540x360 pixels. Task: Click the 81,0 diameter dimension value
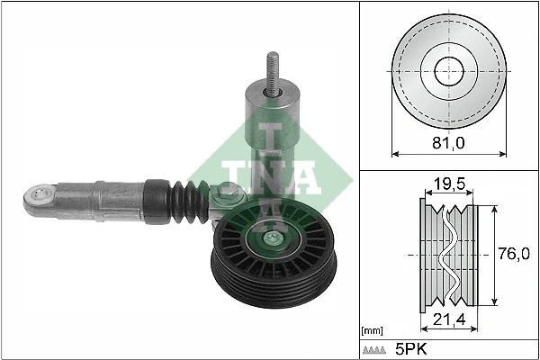[447, 142]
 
